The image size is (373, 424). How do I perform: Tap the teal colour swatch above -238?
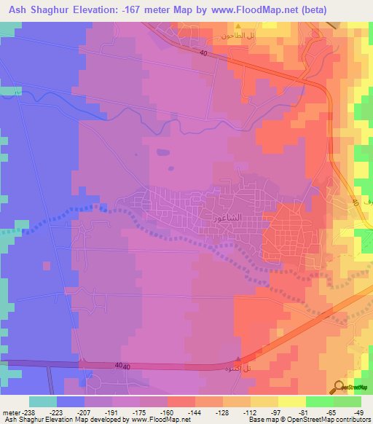pyautogui.click(x=42, y=401)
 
